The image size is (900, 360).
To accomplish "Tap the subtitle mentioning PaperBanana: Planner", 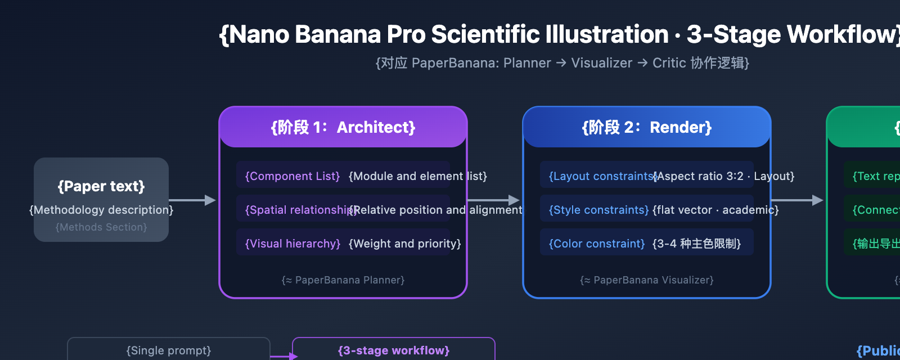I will tap(562, 63).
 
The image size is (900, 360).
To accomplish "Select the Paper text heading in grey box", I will tap(101, 186).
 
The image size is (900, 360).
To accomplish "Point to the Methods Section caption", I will tap(101, 227).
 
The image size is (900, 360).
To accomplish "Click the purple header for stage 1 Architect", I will tap(343, 128).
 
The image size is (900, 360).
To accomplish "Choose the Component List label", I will tap(292, 177).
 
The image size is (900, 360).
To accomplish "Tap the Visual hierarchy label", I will tap(292, 244).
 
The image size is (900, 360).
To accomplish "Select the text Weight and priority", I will tap(404, 244).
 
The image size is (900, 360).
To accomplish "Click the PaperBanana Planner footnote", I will tap(343, 280).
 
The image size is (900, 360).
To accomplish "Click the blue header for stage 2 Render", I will tap(647, 128).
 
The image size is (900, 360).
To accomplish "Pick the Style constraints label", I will tap(598, 210).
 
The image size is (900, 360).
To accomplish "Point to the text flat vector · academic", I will tap(715, 210).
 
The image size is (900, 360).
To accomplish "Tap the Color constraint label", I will tap(596, 244).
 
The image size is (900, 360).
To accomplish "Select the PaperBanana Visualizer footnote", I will tap(647, 280).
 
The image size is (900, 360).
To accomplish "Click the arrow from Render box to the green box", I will tap(796, 200).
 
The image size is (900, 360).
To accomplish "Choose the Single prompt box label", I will tap(169, 351).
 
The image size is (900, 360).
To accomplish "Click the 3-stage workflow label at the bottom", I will tap(394, 351).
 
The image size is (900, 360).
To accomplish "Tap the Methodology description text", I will tap(101, 210).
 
